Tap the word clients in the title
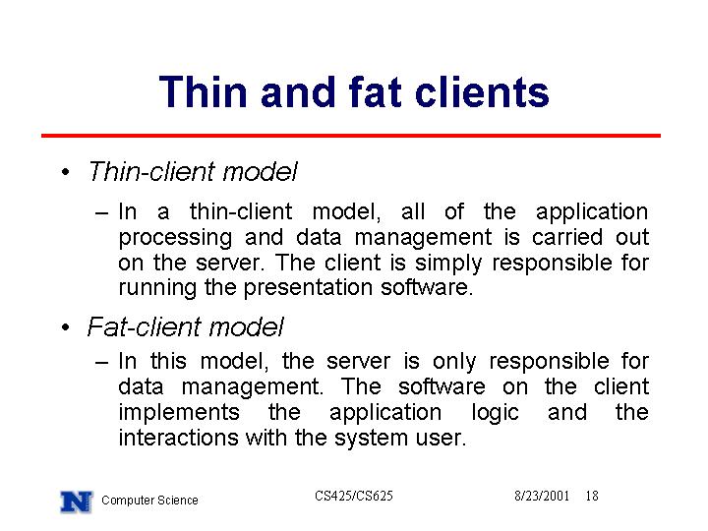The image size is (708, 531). click(x=482, y=92)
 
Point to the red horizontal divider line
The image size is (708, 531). click(x=351, y=136)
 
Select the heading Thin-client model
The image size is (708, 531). click(x=193, y=171)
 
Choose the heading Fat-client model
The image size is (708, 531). click(x=186, y=326)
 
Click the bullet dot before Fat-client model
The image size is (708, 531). click(x=66, y=326)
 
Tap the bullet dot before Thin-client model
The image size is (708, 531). click(x=66, y=172)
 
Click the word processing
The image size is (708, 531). click(x=175, y=238)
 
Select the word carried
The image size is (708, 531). click(x=567, y=237)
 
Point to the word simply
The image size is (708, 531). click(x=448, y=264)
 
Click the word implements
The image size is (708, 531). click(x=179, y=413)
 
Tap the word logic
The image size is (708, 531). click(x=495, y=413)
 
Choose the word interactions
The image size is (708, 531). click(x=178, y=438)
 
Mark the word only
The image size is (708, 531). click(x=453, y=362)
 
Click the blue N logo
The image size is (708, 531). click(x=77, y=501)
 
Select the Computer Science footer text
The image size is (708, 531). click(x=149, y=501)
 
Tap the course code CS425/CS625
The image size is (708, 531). click(x=354, y=496)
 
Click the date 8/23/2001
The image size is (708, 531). click(x=542, y=496)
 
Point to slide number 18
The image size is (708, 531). click(x=592, y=496)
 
